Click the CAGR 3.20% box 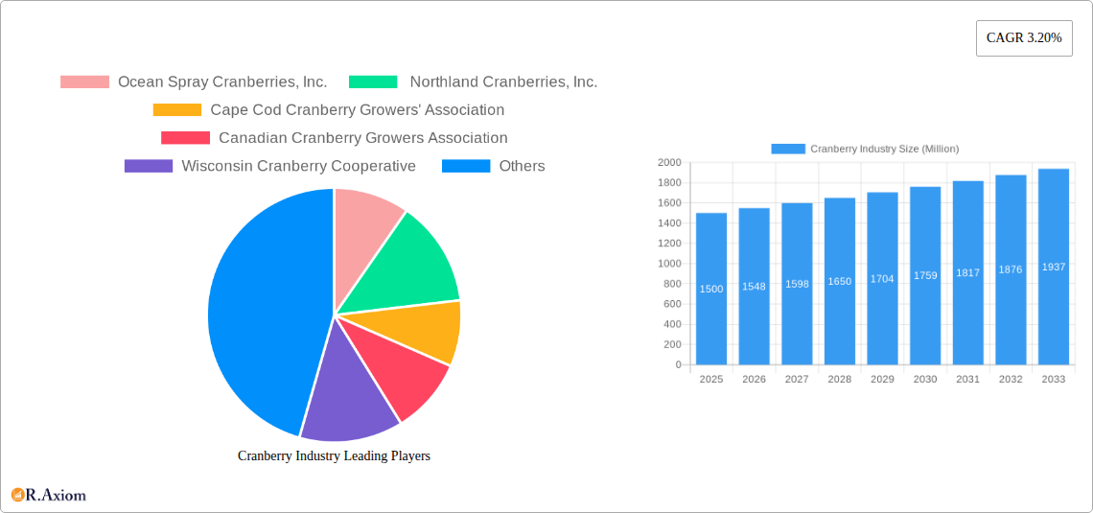click(1024, 38)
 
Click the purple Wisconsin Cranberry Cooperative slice click(347, 398)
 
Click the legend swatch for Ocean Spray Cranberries click(84, 82)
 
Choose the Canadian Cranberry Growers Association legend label click(362, 138)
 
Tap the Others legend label click(522, 166)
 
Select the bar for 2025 click(711, 289)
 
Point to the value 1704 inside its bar click(882, 279)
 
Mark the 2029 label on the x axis click(882, 380)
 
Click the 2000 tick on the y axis click(668, 163)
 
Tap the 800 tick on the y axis click(671, 284)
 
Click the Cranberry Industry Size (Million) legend click(865, 149)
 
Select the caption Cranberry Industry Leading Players click(334, 455)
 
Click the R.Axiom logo click(49, 495)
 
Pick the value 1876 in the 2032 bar click(1011, 269)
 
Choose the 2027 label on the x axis click(797, 380)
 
